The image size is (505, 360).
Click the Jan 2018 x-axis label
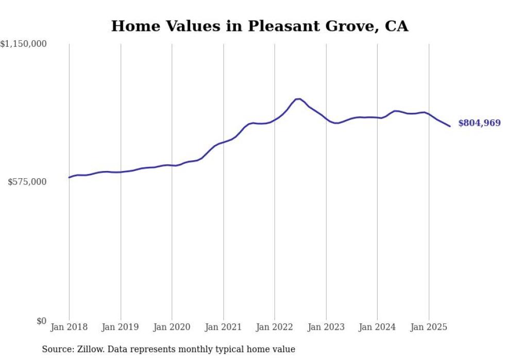pos(69,327)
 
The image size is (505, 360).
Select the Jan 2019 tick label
pos(121,327)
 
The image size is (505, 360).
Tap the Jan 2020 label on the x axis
pos(172,327)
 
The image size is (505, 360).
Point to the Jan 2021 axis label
pos(223,327)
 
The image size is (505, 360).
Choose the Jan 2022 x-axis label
pos(274,327)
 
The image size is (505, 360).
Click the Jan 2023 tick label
pos(326,327)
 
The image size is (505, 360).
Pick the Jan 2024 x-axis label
pos(377,327)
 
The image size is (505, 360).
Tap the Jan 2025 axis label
pos(428,327)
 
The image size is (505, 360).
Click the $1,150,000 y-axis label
pos(24,44)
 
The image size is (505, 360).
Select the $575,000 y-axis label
pos(27,182)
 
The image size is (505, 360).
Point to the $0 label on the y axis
pos(41,321)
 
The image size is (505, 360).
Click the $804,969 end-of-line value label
pos(479,123)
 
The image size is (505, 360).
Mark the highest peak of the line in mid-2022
pos(299,98)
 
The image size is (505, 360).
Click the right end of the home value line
pos(450,126)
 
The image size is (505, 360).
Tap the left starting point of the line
pos(69,178)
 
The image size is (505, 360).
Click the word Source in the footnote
pos(56,349)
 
